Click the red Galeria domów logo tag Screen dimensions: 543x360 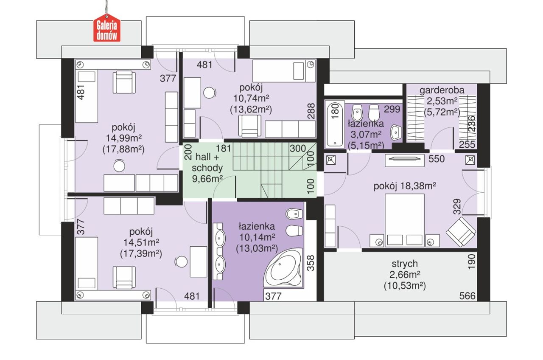[107, 28]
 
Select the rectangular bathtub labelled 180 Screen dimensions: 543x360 [335, 124]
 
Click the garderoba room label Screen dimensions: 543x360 [442, 90]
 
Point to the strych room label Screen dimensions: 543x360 [405, 264]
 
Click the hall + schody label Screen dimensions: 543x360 [207, 162]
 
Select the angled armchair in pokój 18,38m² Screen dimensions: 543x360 [461, 232]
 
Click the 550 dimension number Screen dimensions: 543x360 [437, 159]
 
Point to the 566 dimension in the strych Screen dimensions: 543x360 [467, 296]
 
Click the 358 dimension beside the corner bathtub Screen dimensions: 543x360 [311, 263]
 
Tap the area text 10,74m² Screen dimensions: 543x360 [251, 98]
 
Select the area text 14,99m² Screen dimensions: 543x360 [123, 138]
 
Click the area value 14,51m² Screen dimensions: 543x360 [141, 242]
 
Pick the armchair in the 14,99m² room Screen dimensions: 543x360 [124, 82]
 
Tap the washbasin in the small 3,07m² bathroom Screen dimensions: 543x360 [396, 132]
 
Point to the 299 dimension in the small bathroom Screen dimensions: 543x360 [392, 109]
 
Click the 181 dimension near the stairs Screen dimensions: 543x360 [223, 149]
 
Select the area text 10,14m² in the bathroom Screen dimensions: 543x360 [257, 237]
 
